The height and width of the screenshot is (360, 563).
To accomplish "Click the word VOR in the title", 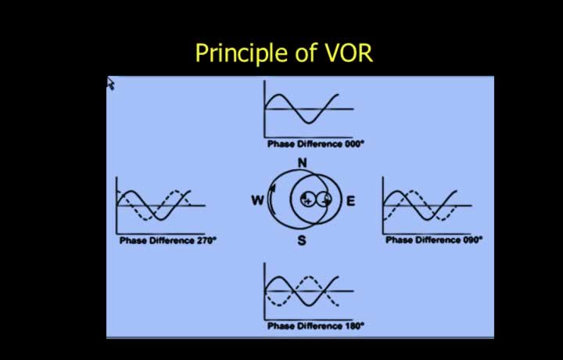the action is click(350, 53).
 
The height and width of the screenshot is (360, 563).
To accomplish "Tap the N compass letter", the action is click(303, 163).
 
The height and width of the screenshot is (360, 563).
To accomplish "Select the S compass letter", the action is click(302, 240).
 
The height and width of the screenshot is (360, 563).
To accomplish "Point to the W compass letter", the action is click(257, 200).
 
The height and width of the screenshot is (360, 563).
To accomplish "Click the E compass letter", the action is click(350, 201).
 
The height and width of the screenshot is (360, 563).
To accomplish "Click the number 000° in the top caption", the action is click(353, 144).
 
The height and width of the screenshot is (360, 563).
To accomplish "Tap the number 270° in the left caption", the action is click(206, 240).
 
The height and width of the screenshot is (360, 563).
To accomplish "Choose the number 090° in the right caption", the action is click(472, 239).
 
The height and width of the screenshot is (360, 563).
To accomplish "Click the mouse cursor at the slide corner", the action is click(110, 84).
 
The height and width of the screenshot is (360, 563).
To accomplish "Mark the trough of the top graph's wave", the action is click(309, 123).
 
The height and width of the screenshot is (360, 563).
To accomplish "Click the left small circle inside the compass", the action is click(307, 200).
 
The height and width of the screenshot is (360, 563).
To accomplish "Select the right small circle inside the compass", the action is click(325, 200).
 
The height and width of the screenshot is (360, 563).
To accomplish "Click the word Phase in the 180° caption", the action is click(280, 326).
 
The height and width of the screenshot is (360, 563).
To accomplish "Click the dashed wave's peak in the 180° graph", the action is click(308, 276).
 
